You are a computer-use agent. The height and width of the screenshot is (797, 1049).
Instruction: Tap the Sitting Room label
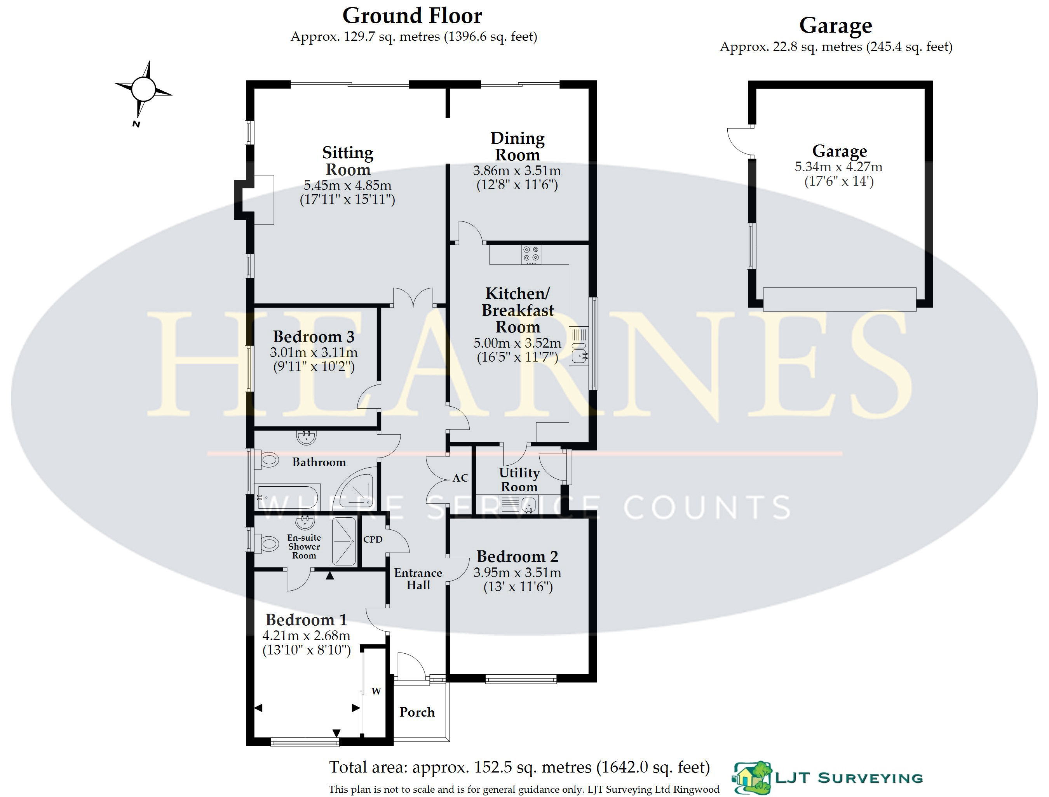(x=348, y=161)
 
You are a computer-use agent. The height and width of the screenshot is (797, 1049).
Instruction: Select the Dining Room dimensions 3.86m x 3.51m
(x=517, y=171)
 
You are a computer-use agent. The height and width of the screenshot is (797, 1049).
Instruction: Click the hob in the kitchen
(x=531, y=254)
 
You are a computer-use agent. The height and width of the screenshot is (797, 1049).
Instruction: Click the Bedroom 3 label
(x=314, y=336)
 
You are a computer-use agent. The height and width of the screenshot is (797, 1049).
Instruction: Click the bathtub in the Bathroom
(x=288, y=497)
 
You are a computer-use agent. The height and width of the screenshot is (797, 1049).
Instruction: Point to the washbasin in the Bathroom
(x=307, y=437)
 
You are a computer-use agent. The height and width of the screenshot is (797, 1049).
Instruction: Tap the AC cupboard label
(x=460, y=478)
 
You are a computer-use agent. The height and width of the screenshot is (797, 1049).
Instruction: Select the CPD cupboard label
(x=373, y=539)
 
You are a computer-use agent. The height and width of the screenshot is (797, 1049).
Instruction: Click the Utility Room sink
(x=518, y=504)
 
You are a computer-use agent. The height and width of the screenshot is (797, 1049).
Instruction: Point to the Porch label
(x=417, y=712)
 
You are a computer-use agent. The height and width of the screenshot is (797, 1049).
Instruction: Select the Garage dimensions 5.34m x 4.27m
(x=839, y=167)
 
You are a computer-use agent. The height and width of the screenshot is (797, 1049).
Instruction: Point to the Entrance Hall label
(x=418, y=579)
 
